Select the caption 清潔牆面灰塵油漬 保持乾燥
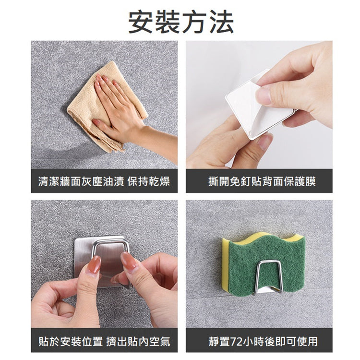click(x=104, y=181)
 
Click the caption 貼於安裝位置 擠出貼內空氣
click(x=105, y=341)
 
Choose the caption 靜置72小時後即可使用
click(x=263, y=341)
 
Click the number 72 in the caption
click(x=236, y=342)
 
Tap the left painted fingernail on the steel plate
click(x=94, y=264)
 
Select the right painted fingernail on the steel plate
click(x=129, y=261)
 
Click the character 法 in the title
click(x=221, y=22)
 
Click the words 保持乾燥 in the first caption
click(x=149, y=181)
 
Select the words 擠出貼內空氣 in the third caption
click(x=138, y=341)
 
